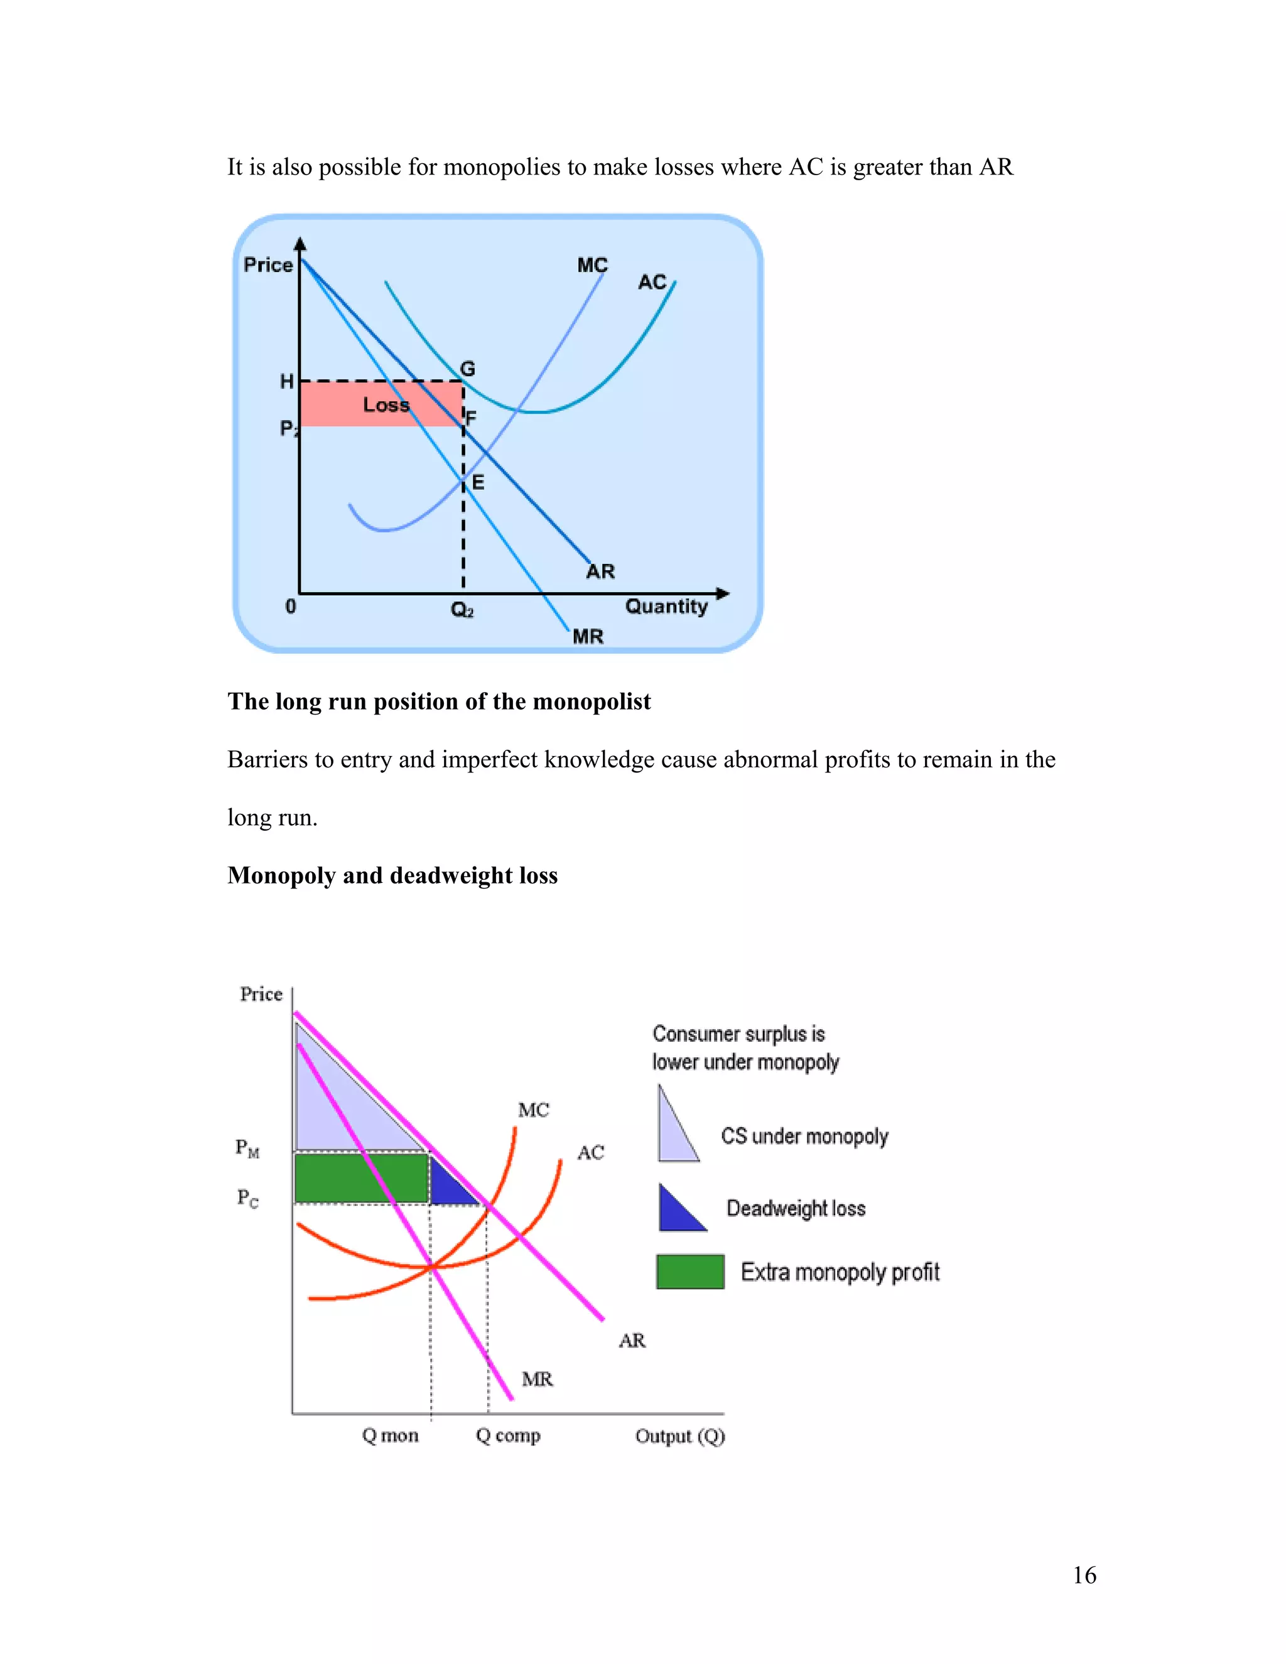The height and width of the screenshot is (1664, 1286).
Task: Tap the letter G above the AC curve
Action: pyautogui.click(x=468, y=369)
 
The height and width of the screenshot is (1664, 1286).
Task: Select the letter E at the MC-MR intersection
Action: pyautogui.click(x=478, y=482)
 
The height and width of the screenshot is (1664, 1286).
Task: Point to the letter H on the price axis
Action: pyautogui.click(x=286, y=382)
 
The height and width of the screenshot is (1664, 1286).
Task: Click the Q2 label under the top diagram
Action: pyautogui.click(x=462, y=610)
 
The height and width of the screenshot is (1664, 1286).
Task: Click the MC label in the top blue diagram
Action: pyautogui.click(x=592, y=265)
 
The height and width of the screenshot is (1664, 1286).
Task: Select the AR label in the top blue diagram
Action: pyautogui.click(x=600, y=571)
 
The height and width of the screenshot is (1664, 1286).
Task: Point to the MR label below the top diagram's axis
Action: pyautogui.click(x=587, y=636)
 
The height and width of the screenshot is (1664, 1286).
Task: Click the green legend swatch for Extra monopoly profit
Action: pyautogui.click(x=690, y=1272)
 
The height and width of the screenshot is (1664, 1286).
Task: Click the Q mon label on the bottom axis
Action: pyautogui.click(x=390, y=1435)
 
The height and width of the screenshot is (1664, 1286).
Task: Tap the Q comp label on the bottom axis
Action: pyautogui.click(x=508, y=1435)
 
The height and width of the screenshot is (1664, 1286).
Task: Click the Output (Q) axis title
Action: pyautogui.click(x=679, y=1436)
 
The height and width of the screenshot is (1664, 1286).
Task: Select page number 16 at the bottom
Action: pyautogui.click(x=1084, y=1575)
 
